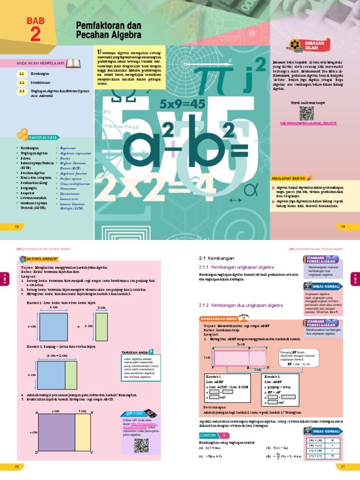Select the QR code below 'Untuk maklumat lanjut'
click(x=306, y=113)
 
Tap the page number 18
click(x=17, y=227)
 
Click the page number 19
click(x=343, y=227)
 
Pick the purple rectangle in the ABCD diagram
click(x=57, y=433)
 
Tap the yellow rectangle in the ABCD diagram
click(x=86, y=433)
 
